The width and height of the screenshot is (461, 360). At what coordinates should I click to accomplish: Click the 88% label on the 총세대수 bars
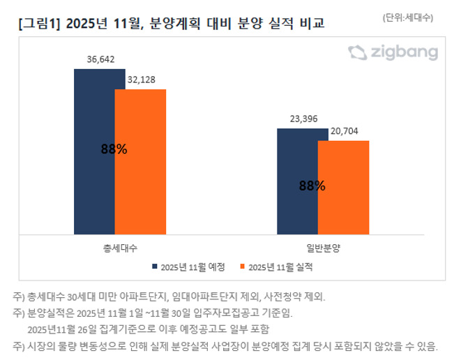point(114,149)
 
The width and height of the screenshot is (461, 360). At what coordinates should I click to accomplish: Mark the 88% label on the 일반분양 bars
point(312,186)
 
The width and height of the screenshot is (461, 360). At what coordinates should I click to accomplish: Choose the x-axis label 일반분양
point(323,248)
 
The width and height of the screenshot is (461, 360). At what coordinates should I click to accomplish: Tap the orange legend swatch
point(243,267)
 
